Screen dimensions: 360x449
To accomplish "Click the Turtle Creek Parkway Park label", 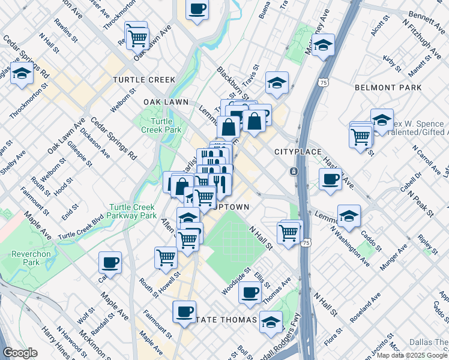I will (x=132, y=211).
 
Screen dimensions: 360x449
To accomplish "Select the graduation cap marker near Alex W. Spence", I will (x=381, y=120).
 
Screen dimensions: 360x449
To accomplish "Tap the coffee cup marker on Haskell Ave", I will (x=330, y=179).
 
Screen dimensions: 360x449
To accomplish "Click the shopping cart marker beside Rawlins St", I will (x=137, y=37).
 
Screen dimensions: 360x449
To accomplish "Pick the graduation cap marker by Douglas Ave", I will (x=22, y=74).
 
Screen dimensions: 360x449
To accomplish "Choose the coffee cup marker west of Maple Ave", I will (x=110, y=262).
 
